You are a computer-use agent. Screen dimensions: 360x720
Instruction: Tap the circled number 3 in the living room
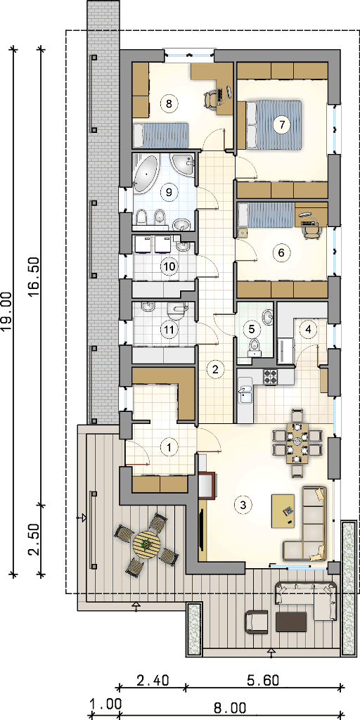(243, 505)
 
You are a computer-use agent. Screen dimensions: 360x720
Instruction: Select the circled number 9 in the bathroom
(169, 192)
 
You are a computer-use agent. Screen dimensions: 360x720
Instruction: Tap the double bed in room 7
(274, 125)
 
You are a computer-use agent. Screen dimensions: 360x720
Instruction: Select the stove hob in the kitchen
(271, 378)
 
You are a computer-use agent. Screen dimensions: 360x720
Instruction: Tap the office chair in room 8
(210, 98)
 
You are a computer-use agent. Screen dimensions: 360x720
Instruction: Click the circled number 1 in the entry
(170, 446)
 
